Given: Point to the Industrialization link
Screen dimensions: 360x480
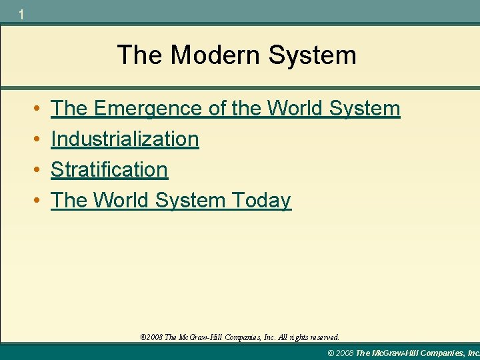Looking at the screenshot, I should pos(125,139).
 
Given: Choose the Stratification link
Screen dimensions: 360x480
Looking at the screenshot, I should pos(109,169).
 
